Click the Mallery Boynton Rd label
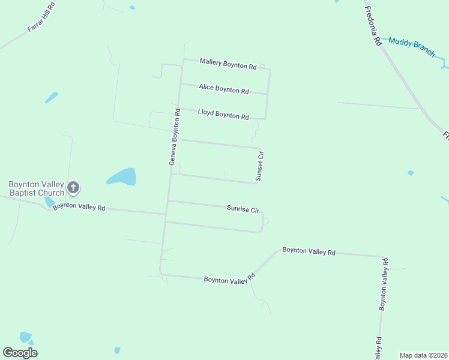(228, 64)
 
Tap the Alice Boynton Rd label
(224, 89)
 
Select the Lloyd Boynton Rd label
(223, 114)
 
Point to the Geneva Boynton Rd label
(175, 137)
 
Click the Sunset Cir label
(260, 166)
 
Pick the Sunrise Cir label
(243, 209)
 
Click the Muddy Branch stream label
(412, 47)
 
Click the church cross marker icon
(73, 188)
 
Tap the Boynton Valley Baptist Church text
(35, 188)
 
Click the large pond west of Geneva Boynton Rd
(122, 177)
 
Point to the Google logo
(20, 353)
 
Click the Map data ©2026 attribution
(423, 355)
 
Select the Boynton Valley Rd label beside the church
(79, 208)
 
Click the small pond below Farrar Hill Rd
(52, 97)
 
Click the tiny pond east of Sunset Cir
(410, 173)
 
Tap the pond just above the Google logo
(25, 337)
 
